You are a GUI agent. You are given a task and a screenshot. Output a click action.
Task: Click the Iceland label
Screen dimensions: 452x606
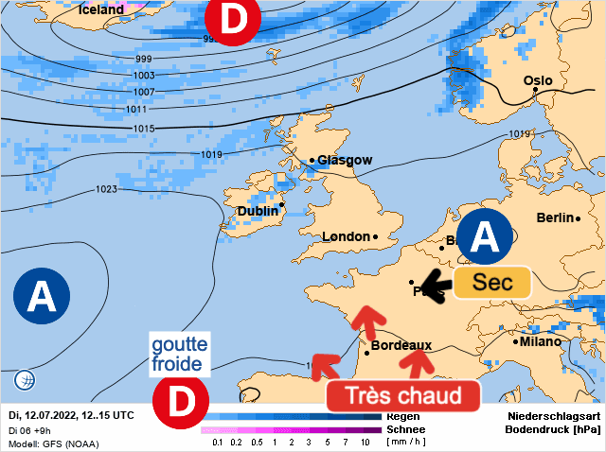101,9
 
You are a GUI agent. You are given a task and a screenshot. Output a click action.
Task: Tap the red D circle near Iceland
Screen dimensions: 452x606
226,20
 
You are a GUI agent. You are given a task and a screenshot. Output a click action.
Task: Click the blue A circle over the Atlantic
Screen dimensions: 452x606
41,297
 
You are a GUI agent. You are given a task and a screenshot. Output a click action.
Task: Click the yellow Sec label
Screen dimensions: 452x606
492,283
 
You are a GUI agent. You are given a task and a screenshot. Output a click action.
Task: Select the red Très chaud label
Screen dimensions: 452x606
403,395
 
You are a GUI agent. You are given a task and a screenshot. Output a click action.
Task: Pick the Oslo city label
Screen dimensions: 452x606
538,81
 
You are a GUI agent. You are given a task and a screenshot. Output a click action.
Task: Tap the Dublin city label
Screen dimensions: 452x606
258,211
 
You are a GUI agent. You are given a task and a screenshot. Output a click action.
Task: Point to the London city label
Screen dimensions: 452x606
346,236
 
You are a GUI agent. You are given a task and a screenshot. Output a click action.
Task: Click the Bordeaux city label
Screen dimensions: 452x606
401,346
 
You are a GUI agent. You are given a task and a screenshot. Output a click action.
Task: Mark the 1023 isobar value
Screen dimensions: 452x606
106,189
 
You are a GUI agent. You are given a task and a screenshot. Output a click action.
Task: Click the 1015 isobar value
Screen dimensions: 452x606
144,129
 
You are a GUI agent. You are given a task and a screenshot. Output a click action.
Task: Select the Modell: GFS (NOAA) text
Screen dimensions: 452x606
53,443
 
